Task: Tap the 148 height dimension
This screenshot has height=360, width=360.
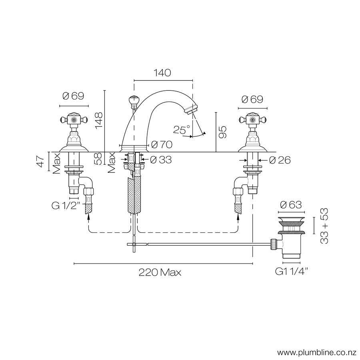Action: pos(99,121)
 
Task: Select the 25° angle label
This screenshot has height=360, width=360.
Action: pos(182,130)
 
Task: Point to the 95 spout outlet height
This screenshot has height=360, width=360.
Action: pos(222,132)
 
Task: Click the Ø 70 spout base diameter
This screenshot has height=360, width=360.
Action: pos(162,144)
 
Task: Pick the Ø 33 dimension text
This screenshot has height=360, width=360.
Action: pos(161,160)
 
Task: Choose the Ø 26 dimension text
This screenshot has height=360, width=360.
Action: pos(280,160)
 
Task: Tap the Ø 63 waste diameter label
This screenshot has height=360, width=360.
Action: pos(291,204)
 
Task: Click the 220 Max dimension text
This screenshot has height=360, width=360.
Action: pos(160,272)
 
